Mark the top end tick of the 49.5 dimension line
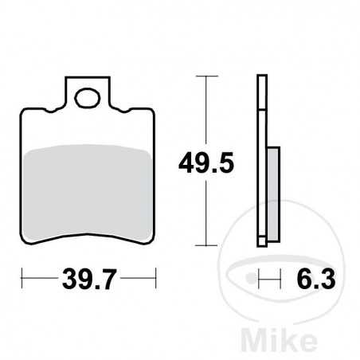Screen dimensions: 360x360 (x=206, y=77)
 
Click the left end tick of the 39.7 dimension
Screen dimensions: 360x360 (x=22, y=280)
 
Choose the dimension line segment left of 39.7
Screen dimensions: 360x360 (x=40, y=280)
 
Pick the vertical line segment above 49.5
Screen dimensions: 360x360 (x=206, y=112)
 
